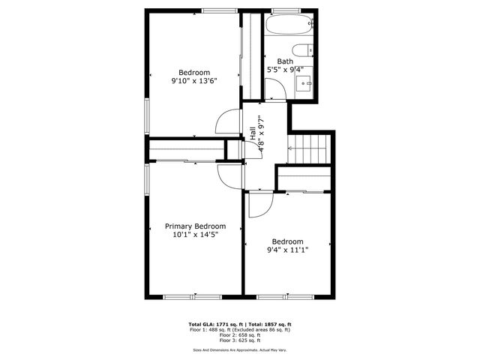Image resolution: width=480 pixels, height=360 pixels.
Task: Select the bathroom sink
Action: pyautogui.click(x=304, y=82)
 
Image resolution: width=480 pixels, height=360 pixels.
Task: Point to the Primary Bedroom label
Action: pyautogui.click(x=195, y=226)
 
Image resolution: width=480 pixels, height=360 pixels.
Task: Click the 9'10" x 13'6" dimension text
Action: pyautogui.click(x=189, y=80)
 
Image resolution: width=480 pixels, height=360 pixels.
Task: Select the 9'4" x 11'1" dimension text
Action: pyautogui.click(x=289, y=250)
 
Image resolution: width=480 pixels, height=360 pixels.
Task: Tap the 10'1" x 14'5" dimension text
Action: pyautogui.click(x=195, y=235)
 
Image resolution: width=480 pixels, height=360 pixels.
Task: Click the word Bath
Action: pyautogui.click(x=285, y=61)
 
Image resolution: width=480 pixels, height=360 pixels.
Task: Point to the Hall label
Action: pyautogui.click(x=253, y=132)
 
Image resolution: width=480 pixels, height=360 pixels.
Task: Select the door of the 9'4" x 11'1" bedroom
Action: pyautogui.click(x=256, y=205)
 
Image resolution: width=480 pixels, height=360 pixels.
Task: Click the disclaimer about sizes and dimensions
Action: pyautogui.click(x=239, y=349)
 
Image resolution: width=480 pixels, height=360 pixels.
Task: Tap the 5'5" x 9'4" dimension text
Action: pyautogui.click(x=285, y=70)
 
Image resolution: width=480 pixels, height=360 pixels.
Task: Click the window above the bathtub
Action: pyautogui.click(x=282, y=10)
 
